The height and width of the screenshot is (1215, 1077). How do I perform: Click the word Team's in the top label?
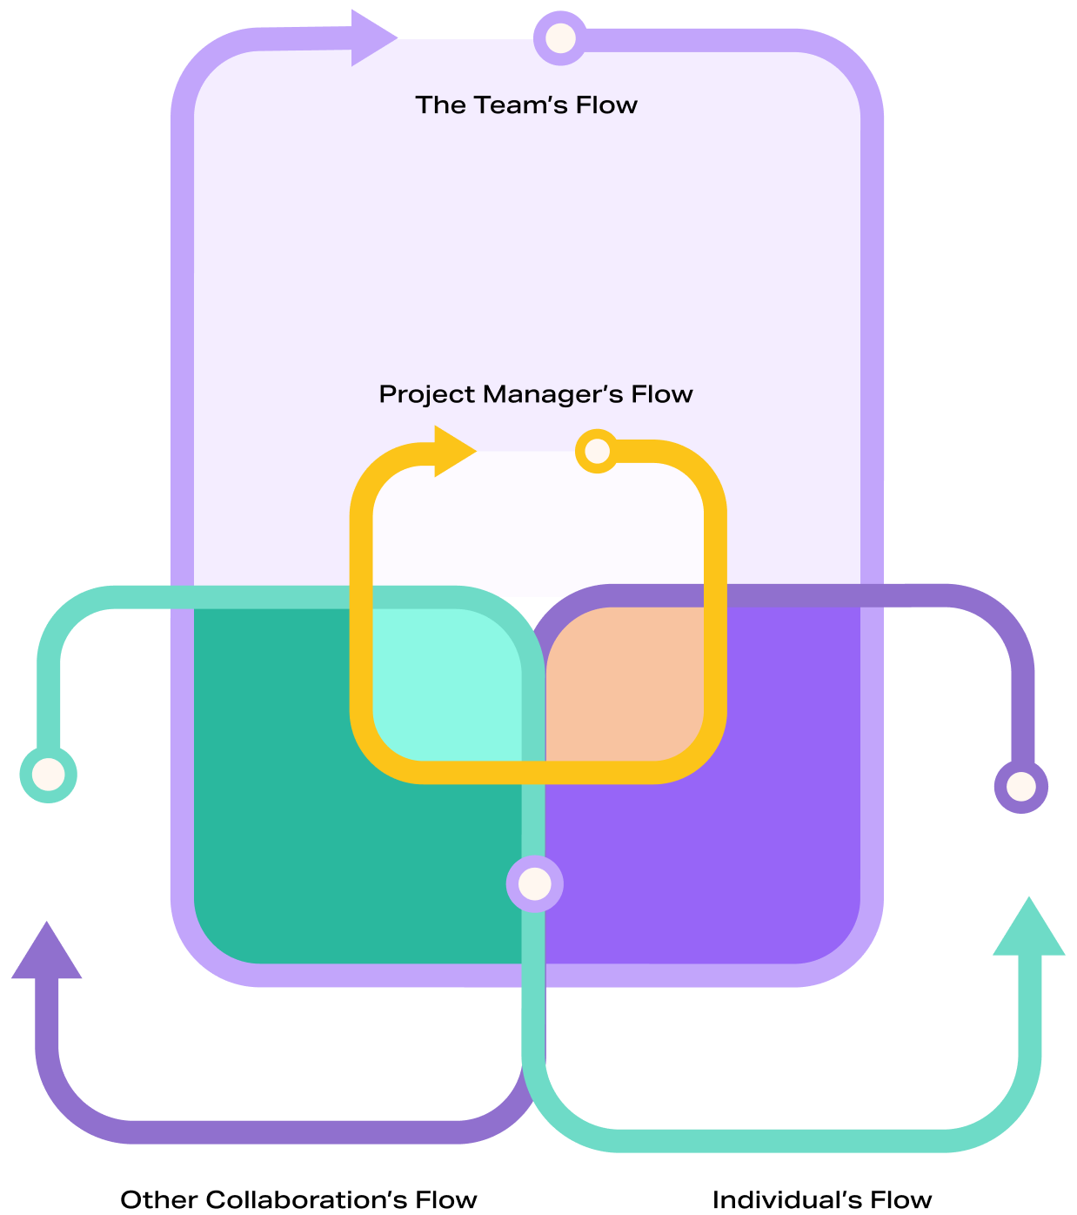click(x=519, y=105)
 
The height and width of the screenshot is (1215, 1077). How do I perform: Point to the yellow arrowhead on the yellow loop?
click(x=452, y=451)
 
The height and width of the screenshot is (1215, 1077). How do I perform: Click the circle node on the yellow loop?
click(x=598, y=451)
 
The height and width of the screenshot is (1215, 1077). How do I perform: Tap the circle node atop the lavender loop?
click(x=560, y=38)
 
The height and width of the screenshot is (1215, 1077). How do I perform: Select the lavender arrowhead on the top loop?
click(x=371, y=37)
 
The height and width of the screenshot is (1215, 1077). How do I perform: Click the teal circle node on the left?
click(x=49, y=774)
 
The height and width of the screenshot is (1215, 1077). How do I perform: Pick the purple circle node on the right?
click(x=1021, y=787)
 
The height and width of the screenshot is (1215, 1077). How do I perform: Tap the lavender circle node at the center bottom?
click(x=534, y=884)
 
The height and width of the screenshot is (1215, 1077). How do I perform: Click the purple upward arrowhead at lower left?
click(x=47, y=954)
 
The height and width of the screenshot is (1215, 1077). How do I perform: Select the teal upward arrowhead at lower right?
click(x=1028, y=930)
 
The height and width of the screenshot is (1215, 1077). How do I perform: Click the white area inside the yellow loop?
click(x=537, y=522)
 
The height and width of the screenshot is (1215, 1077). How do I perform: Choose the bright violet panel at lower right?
click(x=722, y=870)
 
